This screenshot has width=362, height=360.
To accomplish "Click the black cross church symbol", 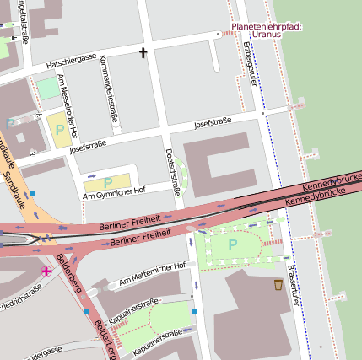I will pos(143,53).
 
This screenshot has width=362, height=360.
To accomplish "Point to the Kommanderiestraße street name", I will pos(110,89).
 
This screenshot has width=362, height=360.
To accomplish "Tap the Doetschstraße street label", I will pos(173,171).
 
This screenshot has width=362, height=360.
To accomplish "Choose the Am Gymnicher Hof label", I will pos(113,193).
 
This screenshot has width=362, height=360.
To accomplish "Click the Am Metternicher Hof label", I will pos(152,272).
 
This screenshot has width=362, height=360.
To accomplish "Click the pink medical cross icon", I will pos(46,271).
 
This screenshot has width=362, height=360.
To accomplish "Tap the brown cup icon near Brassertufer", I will pos(278,286).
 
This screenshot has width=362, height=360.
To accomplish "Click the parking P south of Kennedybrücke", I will pos(233,244).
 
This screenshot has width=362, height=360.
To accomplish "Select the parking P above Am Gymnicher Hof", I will pos(107,181).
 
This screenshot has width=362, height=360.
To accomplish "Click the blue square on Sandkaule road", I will pos(31,193).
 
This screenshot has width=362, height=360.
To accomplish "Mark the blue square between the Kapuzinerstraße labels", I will pos(193,311).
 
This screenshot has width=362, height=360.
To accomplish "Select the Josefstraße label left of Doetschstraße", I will pos(88,145).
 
